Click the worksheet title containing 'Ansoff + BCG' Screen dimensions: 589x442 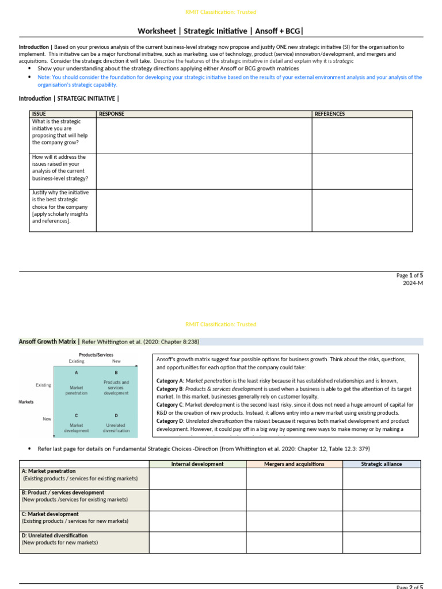[x=220, y=30]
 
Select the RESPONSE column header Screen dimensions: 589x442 [x=111, y=114]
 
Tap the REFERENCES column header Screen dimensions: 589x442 [x=330, y=114]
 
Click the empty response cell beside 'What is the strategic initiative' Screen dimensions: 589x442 [x=204, y=135]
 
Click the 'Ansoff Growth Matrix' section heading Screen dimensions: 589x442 [x=48, y=341]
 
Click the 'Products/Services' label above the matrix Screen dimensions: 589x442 [x=96, y=355]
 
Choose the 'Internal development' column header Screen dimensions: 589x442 [x=197, y=464]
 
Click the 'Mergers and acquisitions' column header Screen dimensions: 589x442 [x=294, y=464]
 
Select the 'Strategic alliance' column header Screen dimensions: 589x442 [x=382, y=464]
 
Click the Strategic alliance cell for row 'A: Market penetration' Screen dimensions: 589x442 [x=382, y=478]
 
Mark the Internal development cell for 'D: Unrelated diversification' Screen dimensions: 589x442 [x=197, y=542]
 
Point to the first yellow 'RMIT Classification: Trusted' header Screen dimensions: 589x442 [x=220, y=12]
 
